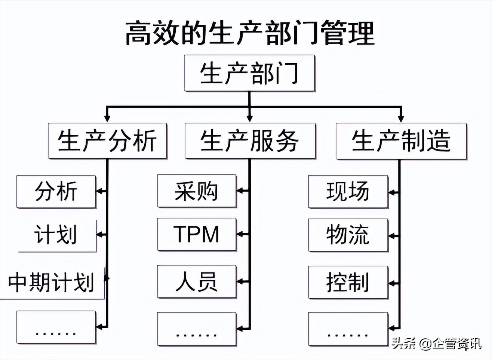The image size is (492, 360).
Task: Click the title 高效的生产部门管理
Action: point(249,33)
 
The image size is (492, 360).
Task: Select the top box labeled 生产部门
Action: point(249,73)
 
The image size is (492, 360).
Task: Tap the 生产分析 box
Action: point(107,141)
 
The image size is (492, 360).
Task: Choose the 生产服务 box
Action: point(250,141)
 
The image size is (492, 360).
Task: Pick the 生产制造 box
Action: point(401,141)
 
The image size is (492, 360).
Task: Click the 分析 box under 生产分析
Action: point(56,191)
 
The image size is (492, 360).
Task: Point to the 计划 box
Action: point(56,235)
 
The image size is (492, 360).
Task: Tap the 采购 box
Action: point(197,191)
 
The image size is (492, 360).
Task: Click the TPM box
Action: point(197,234)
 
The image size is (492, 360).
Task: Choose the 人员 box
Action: point(197,281)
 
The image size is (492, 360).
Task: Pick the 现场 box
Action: point(348,191)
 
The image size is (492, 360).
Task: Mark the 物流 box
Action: point(348,235)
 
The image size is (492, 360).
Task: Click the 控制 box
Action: point(348,282)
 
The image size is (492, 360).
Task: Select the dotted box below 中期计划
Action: point(56,327)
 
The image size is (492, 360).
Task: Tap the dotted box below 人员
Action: point(197,329)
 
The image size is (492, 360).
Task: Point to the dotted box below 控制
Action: point(348,329)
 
